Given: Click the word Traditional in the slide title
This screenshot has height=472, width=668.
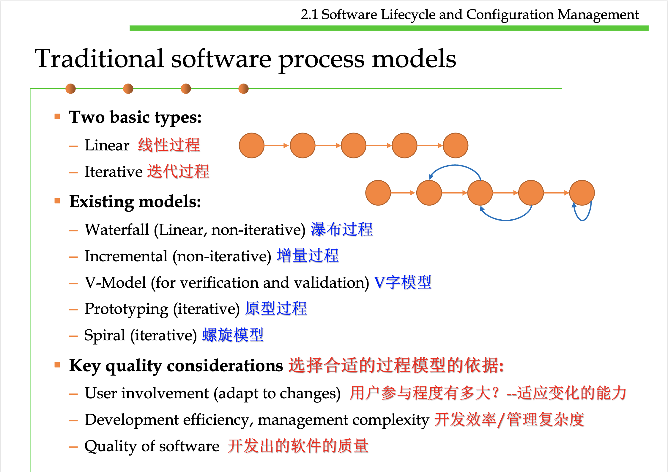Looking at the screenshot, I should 99,59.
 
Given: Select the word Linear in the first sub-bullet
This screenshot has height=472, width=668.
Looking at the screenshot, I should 107,145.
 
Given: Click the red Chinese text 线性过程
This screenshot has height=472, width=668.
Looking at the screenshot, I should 169,145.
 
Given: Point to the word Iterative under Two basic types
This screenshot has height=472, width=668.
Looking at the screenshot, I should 114,172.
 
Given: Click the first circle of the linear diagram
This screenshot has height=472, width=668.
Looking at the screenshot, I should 251,145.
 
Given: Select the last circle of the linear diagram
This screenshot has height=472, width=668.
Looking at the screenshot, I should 455,145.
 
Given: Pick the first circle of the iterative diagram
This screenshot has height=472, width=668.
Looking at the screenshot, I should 378,193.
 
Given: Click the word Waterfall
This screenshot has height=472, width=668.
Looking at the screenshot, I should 117,230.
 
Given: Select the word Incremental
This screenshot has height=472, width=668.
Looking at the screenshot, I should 126,256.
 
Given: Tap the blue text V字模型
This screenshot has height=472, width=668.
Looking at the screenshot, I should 402,282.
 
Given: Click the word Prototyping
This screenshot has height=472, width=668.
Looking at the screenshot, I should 126,309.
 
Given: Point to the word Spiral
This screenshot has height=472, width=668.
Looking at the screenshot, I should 105,335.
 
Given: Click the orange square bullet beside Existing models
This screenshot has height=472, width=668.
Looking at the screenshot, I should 57,201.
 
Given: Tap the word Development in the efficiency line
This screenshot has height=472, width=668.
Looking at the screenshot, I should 131,420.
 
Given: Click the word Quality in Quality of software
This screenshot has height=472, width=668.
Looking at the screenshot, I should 110,446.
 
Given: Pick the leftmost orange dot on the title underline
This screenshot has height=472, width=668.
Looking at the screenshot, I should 70,89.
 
